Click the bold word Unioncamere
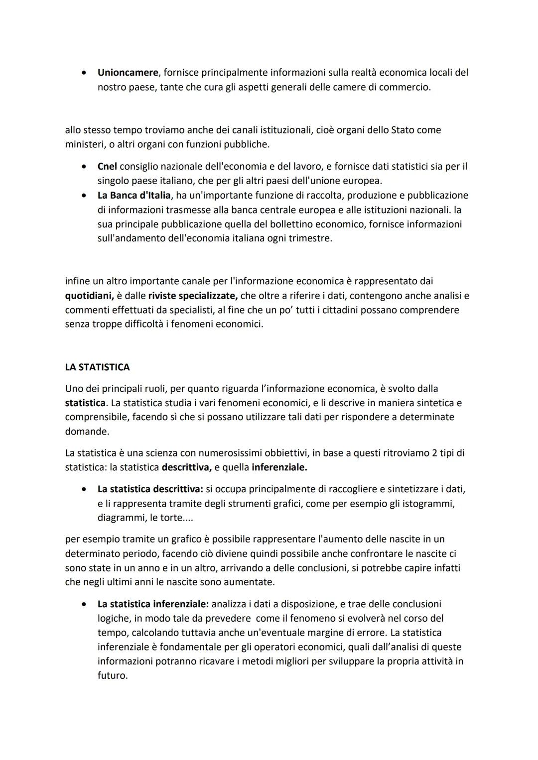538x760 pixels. [128, 73]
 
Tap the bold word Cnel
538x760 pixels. [107, 166]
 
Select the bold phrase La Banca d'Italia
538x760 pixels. [134, 195]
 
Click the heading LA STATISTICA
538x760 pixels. [97, 367]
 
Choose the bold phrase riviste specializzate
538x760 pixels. [192, 296]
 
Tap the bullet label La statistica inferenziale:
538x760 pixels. [153, 604]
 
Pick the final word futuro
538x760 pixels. [112, 676]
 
